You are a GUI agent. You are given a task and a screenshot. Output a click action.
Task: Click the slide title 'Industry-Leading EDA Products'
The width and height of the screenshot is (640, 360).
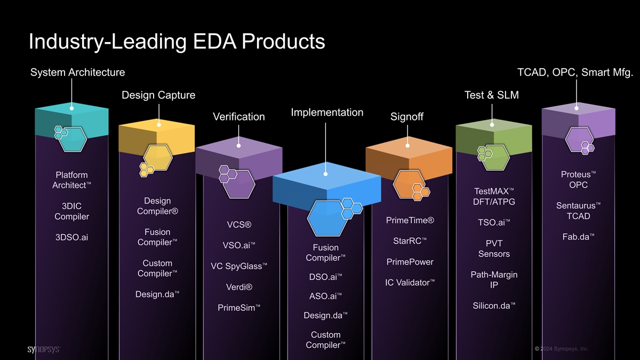177,42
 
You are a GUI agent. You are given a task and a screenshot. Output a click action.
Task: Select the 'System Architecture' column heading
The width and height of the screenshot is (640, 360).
78,72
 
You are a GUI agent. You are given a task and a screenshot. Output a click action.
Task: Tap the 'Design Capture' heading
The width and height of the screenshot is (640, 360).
158,95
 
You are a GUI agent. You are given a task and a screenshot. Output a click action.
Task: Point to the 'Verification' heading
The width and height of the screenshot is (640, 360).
238,117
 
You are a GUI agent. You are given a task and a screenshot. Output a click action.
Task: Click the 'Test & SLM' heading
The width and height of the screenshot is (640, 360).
492,95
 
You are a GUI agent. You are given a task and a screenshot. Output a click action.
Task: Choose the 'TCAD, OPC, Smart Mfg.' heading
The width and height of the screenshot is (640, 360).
575,72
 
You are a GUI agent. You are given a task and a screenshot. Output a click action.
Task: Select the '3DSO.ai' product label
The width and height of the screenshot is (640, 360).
71,237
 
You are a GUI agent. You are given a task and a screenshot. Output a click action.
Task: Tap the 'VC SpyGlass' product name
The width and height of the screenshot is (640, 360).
239,266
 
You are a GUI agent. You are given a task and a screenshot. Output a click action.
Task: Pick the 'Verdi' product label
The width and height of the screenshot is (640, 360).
239,287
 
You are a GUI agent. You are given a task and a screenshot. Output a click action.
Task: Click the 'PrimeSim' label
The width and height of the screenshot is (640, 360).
239,308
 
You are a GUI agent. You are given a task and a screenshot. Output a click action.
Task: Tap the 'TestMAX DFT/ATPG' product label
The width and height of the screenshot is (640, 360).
493,196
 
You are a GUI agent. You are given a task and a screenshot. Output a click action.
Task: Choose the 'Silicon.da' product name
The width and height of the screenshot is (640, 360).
493,306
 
